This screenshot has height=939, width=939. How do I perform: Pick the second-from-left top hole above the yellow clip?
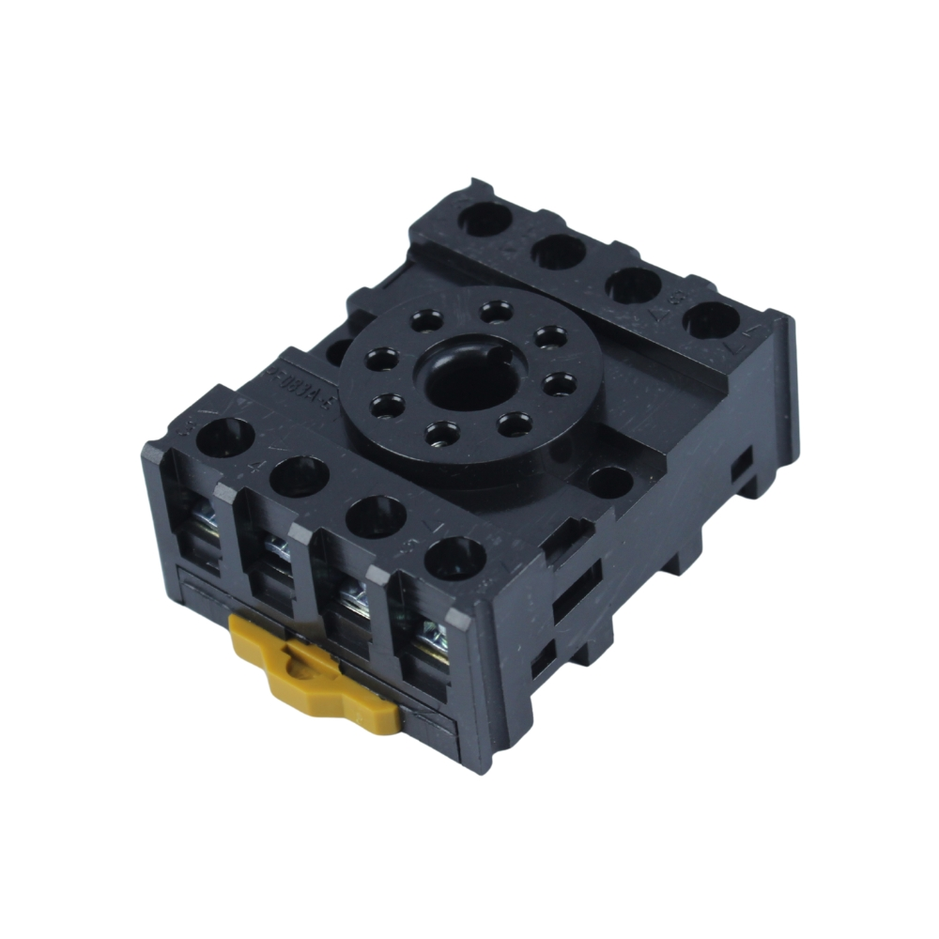click(299, 475)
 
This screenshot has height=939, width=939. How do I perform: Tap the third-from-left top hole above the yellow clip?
click(376, 517)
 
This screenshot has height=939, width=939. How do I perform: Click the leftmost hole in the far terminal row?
click(486, 218)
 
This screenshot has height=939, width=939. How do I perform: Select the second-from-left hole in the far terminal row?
click(560, 251)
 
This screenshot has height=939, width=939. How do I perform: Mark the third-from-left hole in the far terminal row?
click(634, 285)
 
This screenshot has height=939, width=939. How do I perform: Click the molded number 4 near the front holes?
click(255, 466)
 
